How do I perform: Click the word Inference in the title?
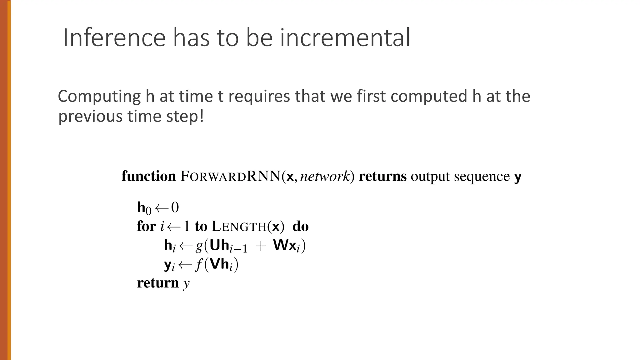click(114, 38)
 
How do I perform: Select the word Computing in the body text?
click(99, 97)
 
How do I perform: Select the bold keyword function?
click(148, 176)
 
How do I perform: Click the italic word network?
click(325, 176)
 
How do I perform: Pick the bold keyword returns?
click(382, 176)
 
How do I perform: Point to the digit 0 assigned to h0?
click(175, 207)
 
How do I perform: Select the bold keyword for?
click(146, 226)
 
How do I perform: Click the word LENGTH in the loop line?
click(239, 226)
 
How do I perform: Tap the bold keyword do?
click(300, 226)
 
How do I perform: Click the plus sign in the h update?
click(260, 246)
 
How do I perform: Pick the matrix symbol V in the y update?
click(215, 264)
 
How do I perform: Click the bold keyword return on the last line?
click(158, 283)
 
